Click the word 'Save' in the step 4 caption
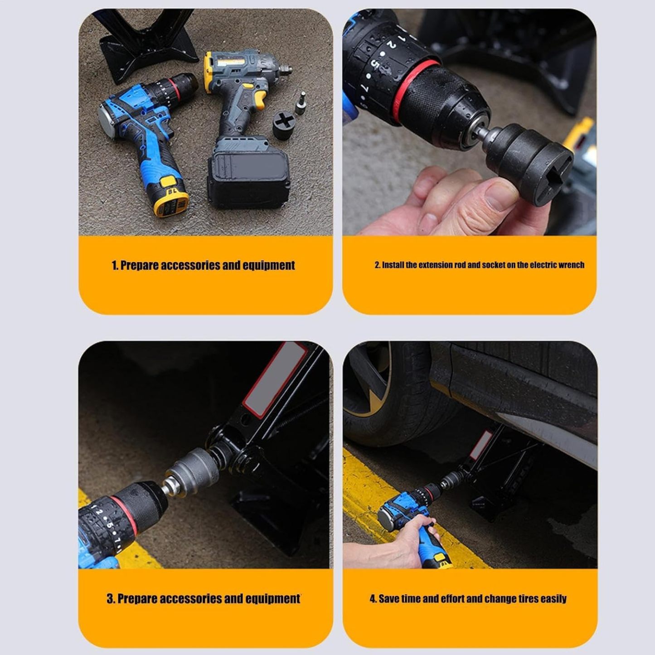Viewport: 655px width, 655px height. [389, 599]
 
